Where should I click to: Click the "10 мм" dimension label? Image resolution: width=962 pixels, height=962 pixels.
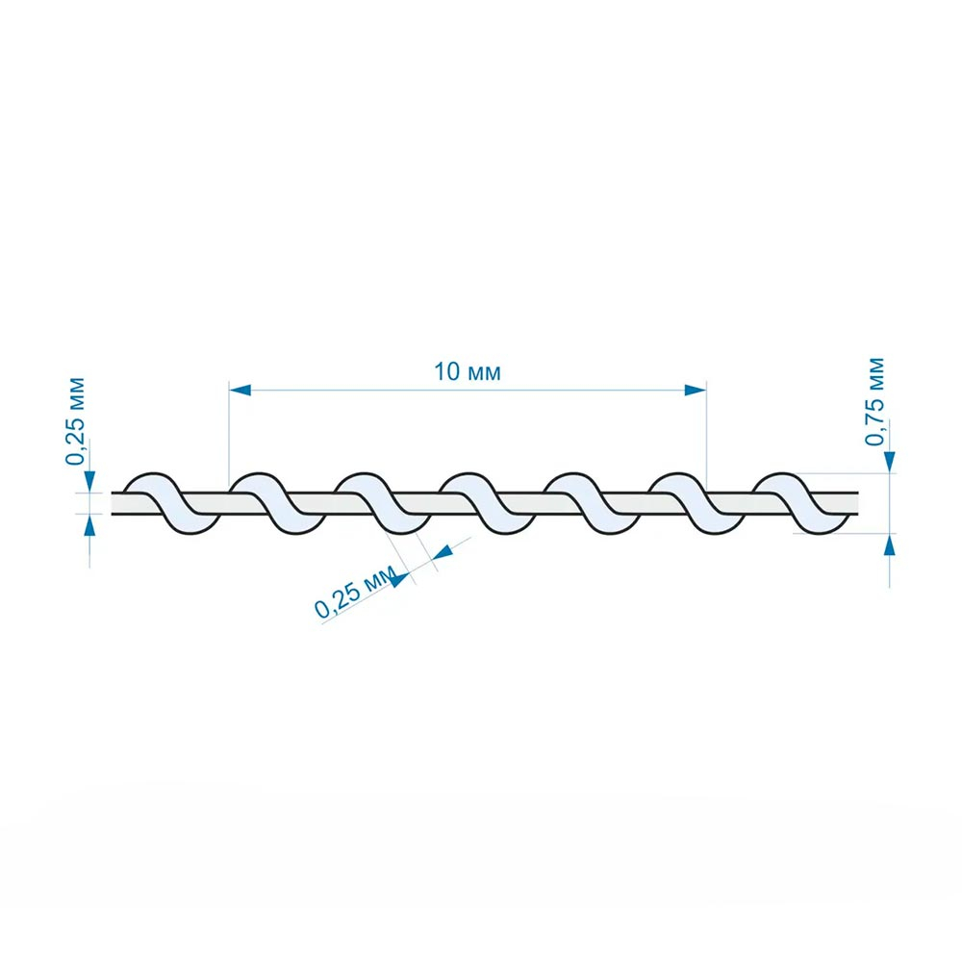point(468,372)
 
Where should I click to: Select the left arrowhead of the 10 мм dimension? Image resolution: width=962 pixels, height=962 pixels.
point(240,391)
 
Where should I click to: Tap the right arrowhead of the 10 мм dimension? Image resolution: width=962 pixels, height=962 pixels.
point(696,391)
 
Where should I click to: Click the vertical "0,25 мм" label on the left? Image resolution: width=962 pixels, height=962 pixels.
point(75,421)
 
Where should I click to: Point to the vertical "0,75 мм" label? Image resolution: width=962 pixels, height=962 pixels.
point(874,401)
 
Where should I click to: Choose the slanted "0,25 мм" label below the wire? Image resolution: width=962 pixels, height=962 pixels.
point(355,593)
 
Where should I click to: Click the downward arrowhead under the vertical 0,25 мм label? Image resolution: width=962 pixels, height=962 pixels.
point(90,481)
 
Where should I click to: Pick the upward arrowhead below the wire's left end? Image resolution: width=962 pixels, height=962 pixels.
point(90,525)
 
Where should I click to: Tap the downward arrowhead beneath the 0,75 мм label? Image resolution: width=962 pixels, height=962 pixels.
point(890,462)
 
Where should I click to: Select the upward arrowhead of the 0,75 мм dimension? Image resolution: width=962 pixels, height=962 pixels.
point(890,544)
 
